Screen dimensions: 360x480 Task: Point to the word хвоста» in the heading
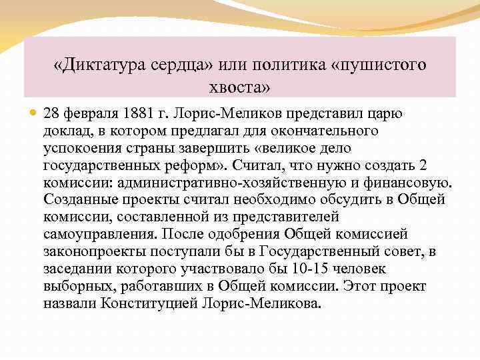point(240,88)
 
